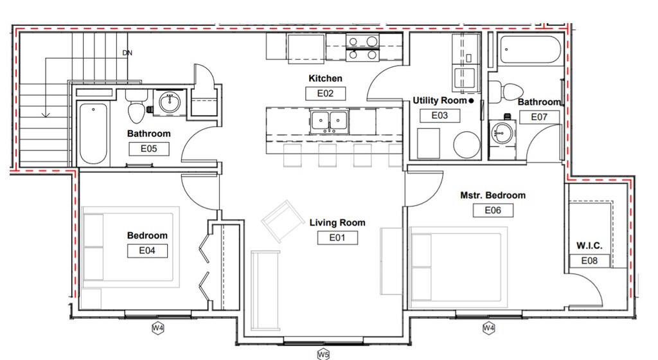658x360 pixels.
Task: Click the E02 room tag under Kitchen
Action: [x=325, y=93]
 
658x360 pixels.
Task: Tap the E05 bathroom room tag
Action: [x=149, y=148]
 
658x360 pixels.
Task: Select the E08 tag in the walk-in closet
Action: [x=589, y=260]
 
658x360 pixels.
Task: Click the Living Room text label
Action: [x=337, y=222]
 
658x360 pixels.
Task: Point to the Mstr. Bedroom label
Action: [x=493, y=195]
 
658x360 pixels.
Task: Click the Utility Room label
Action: [x=440, y=100]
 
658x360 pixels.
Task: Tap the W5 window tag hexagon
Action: [x=323, y=355]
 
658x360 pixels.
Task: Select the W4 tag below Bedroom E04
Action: [x=158, y=328]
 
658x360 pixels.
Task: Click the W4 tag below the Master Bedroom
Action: [x=488, y=328]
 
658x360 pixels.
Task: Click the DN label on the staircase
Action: [x=127, y=53]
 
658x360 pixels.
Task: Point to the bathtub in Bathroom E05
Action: [x=93, y=133]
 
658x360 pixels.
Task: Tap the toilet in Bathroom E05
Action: [x=138, y=107]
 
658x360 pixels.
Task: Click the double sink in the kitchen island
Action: [x=330, y=121]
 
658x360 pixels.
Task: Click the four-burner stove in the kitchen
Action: [x=362, y=48]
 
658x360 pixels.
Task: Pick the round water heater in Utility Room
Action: [x=467, y=145]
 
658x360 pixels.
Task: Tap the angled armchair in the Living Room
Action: [x=283, y=221]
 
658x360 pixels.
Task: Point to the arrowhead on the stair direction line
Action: [x=46, y=114]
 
